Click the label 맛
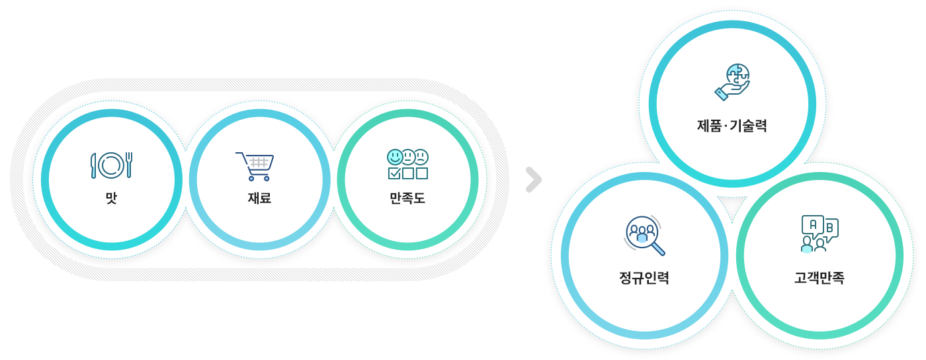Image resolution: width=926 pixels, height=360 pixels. point(111,198)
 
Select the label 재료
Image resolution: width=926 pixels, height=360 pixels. point(259,198)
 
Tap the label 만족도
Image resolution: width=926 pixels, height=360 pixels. point(407,198)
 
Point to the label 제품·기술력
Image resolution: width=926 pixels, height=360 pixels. point(732,125)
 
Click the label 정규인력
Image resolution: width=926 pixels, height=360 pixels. point(644,277)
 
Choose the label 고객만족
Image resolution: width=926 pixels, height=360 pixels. point(820,277)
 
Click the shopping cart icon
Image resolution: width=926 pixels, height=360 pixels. point(255,166)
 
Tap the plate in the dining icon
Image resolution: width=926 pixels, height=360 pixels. point(111,165)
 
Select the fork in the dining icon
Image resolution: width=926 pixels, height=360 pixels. point(129,165)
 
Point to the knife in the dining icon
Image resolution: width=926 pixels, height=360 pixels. point(93,165)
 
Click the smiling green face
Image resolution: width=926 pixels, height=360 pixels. point(395,157)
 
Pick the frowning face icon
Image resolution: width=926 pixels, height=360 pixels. point(421,157)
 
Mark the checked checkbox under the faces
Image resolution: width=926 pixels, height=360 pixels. point(394,173)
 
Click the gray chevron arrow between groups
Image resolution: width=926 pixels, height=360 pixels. point(534,179)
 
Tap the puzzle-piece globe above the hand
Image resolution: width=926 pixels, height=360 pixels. point(738,75)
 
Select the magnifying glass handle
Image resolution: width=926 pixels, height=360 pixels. point(658,249)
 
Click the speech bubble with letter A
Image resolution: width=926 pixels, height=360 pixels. point(813,226)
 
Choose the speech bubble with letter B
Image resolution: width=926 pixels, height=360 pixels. point(831,229)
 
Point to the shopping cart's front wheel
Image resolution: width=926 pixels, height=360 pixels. point(251,178)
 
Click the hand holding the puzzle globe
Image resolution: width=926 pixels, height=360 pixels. point(732,91)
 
